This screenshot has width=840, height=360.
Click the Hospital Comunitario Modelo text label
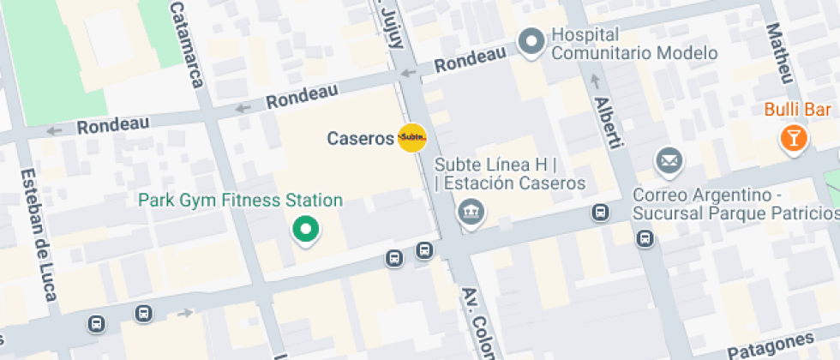point(635,44)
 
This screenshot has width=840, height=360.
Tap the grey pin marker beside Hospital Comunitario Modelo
point(532,40)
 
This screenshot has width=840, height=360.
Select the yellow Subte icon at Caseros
point(412,137)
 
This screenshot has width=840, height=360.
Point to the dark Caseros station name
point(361,138)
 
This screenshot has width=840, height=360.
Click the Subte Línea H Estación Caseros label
point(509,173)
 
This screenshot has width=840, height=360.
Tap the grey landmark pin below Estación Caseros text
point(470,210)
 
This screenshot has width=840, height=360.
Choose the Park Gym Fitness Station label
point(241,201)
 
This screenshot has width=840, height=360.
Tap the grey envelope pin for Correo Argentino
point(669,159)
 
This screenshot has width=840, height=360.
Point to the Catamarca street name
point(187,44)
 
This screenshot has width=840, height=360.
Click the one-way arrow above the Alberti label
point(594,81)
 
